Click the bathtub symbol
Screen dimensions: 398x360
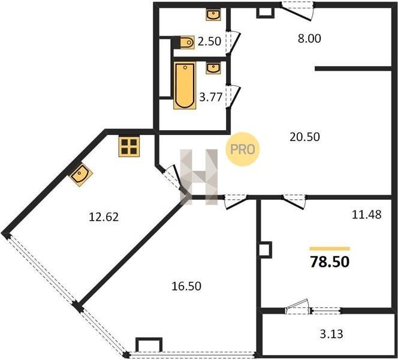[x=185, y=85]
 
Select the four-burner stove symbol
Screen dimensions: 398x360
[x=129, y=146]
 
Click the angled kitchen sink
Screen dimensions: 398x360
[x=81, y=174]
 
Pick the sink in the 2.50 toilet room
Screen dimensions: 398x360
[x=213, y=14]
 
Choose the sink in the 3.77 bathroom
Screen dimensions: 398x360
[x=213, y=68]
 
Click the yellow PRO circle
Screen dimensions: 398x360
[x=243, y=149]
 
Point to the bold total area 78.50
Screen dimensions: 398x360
[x=330, y=262]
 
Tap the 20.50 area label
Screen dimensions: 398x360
[x=304, y=137]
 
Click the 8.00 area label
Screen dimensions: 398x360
[x=309, y=38]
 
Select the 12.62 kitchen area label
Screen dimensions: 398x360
[x=104, y=217]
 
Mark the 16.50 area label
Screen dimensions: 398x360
[x=186, y=286]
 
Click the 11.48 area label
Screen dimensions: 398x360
[x=366, y=215]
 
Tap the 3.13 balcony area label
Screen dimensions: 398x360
[x=331, y=334]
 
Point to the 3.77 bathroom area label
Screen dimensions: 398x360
[x=211, y=97]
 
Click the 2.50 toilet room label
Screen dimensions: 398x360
[x=209, y=41]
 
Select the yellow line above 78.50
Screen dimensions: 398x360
[x=330, y=249]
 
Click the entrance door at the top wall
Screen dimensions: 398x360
[x=297, y=11]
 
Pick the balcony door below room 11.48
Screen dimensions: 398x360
[x=297, y=307]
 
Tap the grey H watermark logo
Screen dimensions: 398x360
[x=199, y=177]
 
